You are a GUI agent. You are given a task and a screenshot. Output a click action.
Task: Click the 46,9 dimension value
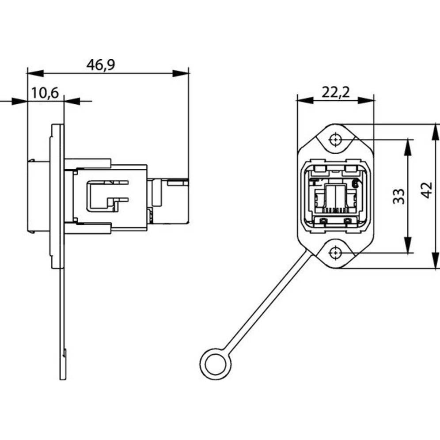point(101,64)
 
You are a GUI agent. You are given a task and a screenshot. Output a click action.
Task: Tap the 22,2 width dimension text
point(335,92)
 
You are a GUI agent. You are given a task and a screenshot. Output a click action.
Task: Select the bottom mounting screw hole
point(336,253)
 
